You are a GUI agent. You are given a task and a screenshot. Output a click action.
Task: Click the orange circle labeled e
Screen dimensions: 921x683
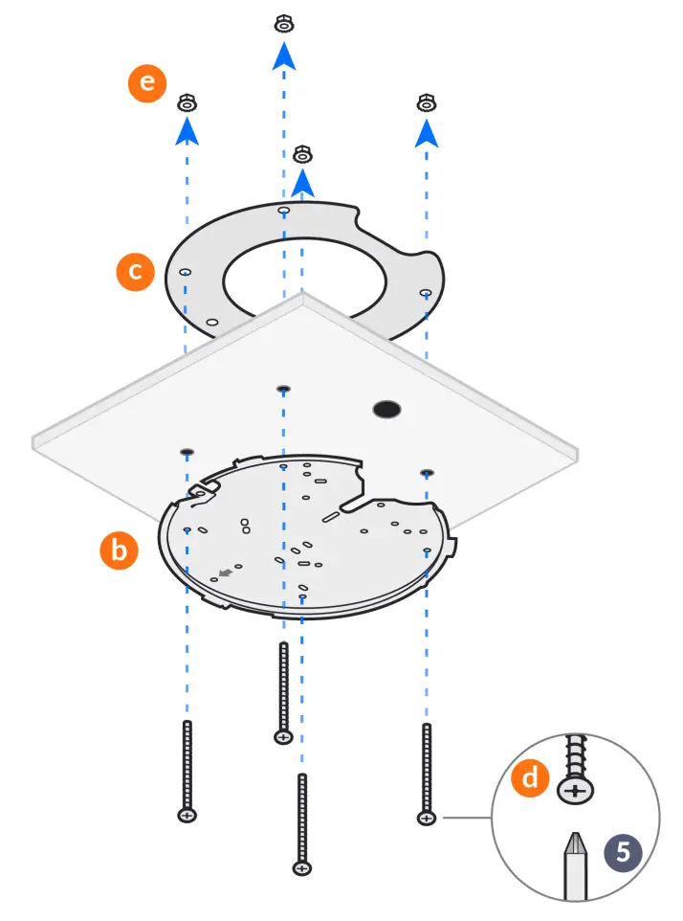coord(146,83)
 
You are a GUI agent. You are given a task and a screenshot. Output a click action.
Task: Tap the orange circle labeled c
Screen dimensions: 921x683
coord(136,271)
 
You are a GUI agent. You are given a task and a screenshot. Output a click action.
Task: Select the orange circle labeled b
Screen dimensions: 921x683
coord(120,550)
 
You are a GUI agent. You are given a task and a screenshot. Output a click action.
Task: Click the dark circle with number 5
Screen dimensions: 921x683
coord(624,851)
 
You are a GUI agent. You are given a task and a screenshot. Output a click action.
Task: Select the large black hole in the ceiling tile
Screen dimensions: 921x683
coord(387,409)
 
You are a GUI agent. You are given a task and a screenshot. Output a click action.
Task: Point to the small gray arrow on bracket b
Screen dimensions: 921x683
coord(226,573)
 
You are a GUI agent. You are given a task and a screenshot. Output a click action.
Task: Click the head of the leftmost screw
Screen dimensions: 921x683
coord(187,815)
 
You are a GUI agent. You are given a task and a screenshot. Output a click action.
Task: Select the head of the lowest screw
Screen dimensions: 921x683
coord(302,868)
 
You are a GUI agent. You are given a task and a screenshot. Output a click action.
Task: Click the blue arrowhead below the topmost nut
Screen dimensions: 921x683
coord(283,56)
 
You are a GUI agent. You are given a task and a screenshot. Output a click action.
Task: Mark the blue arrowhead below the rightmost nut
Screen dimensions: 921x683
coord(427,135)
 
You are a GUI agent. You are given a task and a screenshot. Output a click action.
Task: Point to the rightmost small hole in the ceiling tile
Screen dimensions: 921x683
coord(427,472)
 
